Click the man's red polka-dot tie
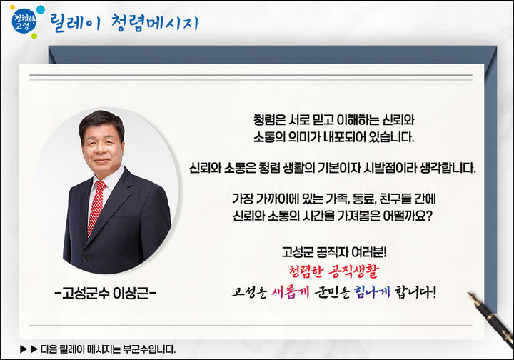click(x=96, y=206)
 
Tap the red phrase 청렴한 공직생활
click(x=334, y=271)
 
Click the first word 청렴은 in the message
click(x=270, y=118)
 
